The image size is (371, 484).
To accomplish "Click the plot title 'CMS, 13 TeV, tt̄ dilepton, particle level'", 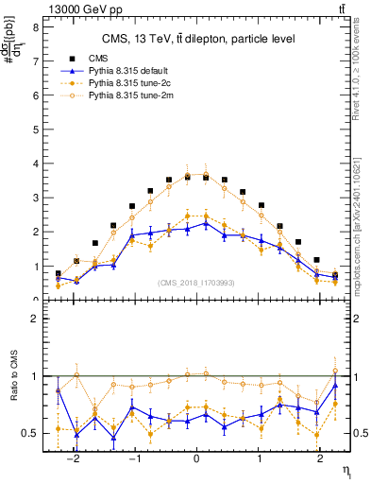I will coord(198,38).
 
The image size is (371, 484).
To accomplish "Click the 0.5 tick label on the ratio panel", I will coord(29,433).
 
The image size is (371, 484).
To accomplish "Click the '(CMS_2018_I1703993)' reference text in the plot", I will coord(196,283).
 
